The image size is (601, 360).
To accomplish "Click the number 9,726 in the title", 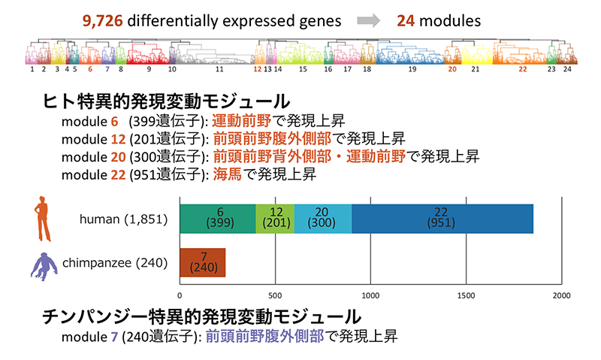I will (x=103, y=20).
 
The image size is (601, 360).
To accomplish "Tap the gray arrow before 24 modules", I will (x=367, y=20).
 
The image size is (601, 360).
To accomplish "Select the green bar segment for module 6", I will (x=218, y=218).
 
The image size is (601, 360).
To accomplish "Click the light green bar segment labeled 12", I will (x=275, y=218).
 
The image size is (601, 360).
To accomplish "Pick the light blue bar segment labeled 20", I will (x=323, y=218).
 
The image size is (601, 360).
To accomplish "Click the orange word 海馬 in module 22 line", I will (x=226, y=174).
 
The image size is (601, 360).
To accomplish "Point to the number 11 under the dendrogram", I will (x=219, y=68).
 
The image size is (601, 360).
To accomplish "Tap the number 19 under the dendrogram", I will (x=412, y=68).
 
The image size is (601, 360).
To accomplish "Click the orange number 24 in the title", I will (x=406, y=20).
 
